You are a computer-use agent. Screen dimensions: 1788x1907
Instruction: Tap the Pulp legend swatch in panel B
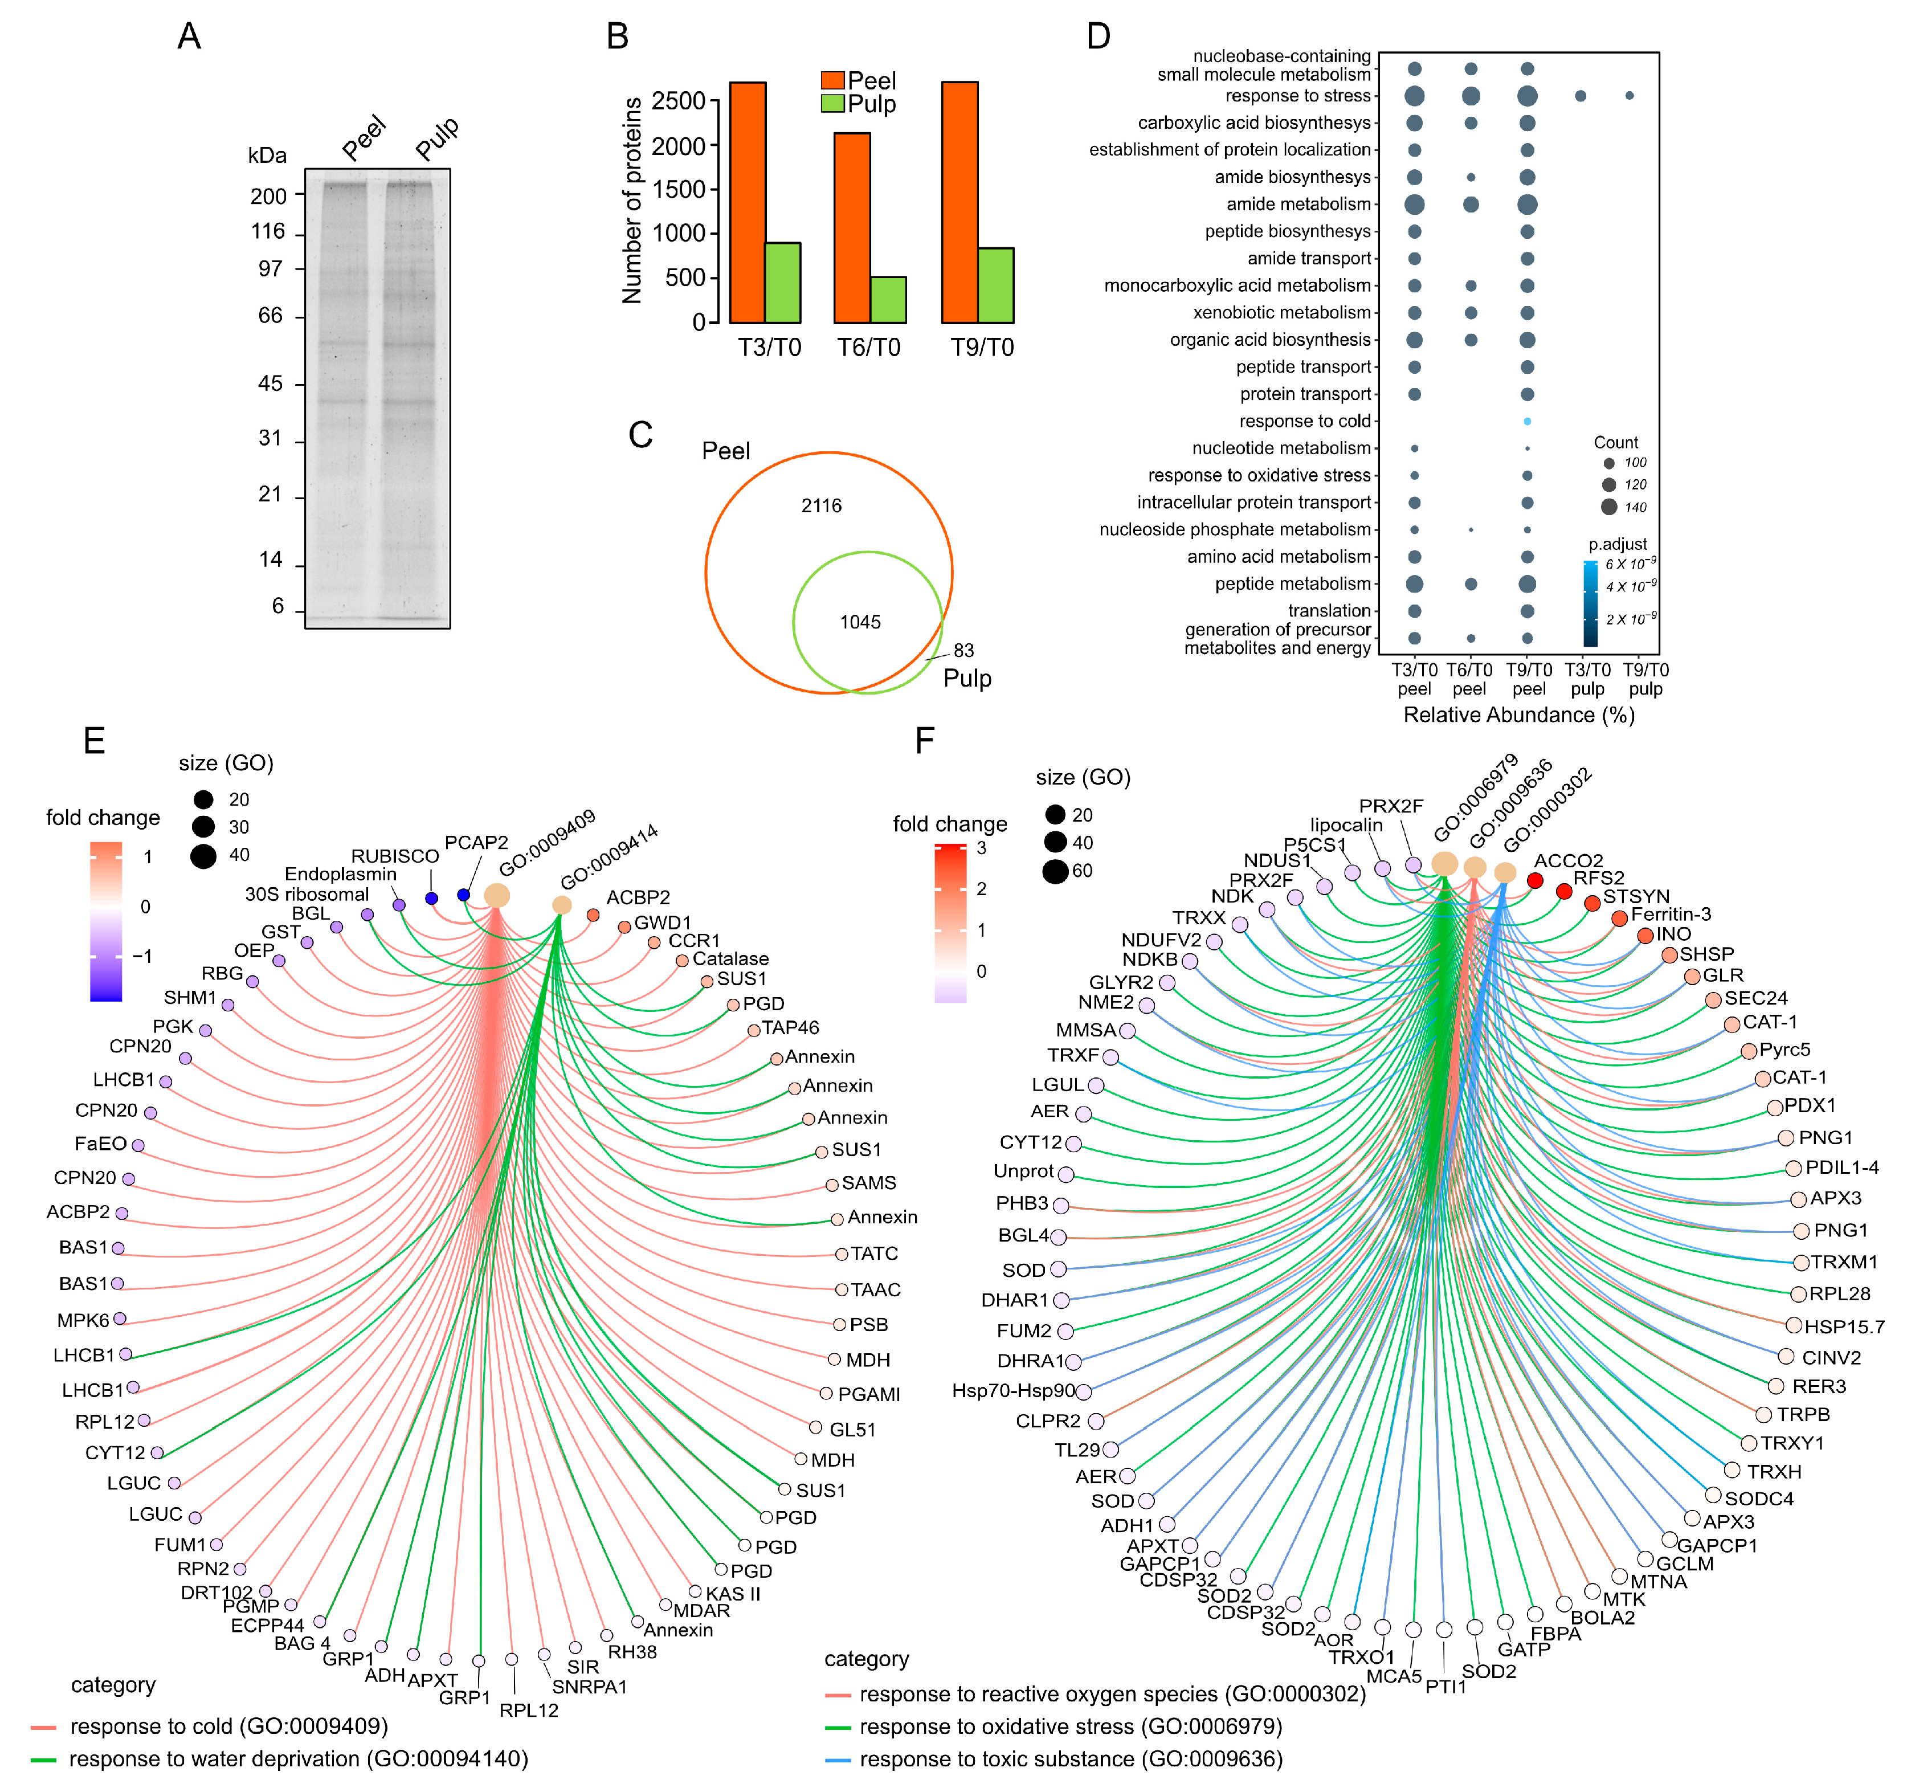point(832,104)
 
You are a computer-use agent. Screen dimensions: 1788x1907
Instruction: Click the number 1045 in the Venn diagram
point(860,623)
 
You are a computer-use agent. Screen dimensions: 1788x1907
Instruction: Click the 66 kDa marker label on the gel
point(271,316)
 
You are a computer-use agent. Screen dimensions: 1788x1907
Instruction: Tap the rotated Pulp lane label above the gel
point(438,138)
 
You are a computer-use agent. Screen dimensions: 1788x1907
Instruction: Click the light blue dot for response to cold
point(1527,421)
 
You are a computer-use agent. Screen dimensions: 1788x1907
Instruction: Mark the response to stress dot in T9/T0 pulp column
point(1629,96)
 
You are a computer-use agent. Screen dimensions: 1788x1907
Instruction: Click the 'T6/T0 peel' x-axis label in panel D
point(1469,679)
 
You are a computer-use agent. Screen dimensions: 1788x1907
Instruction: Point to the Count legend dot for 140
point(1608,507)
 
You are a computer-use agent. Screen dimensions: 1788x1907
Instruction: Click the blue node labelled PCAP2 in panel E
point(463,895)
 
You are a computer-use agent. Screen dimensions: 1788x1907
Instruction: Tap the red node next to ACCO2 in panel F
point(1535,880)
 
